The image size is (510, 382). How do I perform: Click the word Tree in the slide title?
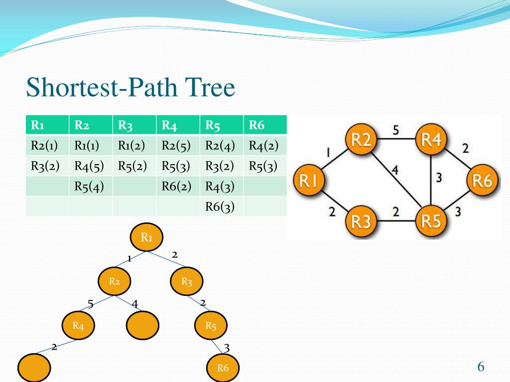(210, 88)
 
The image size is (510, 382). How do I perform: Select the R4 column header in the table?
(169, 125)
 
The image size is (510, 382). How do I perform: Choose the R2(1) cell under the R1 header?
(45, 146)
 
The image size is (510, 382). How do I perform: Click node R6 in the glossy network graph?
(482, 181)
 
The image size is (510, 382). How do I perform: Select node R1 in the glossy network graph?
(309, 181)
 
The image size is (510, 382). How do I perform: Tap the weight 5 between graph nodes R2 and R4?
(395, 130)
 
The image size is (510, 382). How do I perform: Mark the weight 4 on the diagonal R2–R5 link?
(394, 171)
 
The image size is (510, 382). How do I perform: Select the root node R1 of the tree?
(146, 237)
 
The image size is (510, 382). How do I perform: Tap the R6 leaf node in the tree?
(223, 368)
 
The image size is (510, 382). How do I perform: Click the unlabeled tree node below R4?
(34, 368)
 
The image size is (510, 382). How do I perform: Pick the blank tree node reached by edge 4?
(143, 326)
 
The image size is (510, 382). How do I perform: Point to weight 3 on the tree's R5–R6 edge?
(227, 347)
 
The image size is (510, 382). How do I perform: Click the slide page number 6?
(481, 367)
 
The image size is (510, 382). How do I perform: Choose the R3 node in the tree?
(187, 282)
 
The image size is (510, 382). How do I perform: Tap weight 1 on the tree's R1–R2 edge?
(129, 258)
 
